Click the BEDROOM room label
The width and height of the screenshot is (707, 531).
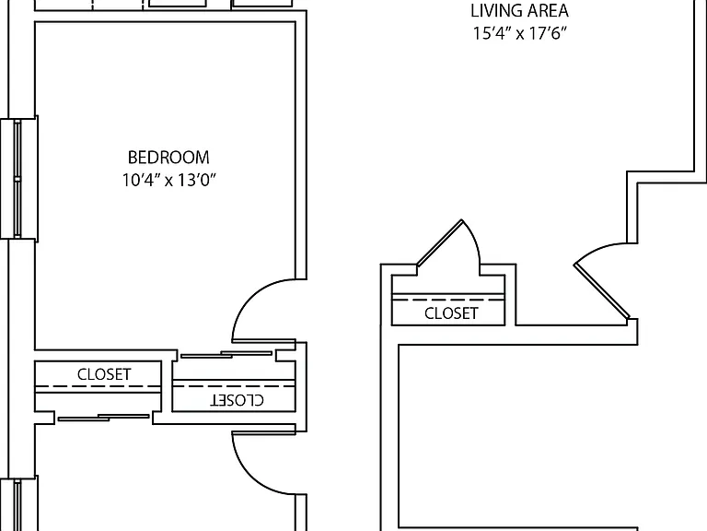pyautogui.click(x=168, y=158)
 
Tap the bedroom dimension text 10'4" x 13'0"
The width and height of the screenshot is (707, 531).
pyautogui.click(x=169, y=180)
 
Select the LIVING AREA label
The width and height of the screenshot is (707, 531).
pyautogui.click(x=519, y=11)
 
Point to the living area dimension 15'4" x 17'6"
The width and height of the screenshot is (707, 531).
pyautogui.click(x=519, y=33)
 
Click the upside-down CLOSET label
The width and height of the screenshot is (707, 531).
pyautogui.click(x=238, y=399)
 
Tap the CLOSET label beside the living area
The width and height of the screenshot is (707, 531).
pyautogui.click(x=451, y=313)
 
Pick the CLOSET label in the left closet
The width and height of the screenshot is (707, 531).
pyautogui.click(x=104, y=374)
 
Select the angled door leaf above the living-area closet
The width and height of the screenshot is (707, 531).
pyautogui.click(x=440, y=242)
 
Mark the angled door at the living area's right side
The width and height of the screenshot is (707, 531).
pyautogui.click(x=601, y=291)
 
